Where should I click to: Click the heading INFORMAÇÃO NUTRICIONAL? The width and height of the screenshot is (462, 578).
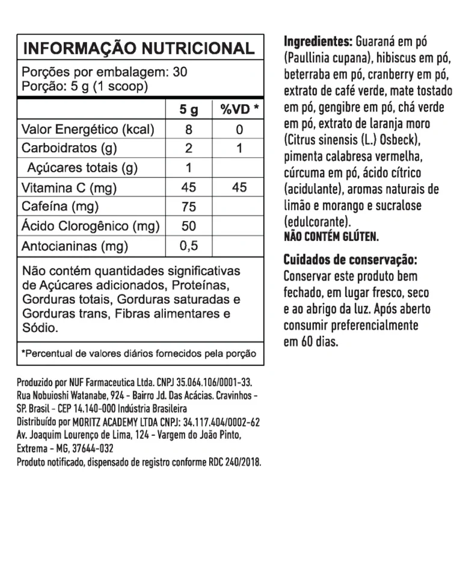(138, 48)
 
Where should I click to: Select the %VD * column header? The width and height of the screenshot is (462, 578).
(239, 110)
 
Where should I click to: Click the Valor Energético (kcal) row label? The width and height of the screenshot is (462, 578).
(88, 129)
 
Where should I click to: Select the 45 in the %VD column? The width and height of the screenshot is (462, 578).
(239, 187)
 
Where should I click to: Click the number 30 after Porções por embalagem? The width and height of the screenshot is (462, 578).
(180, 72)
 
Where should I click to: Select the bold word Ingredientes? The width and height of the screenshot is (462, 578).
(318, 42)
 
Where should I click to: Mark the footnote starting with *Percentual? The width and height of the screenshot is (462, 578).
(138, 353)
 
